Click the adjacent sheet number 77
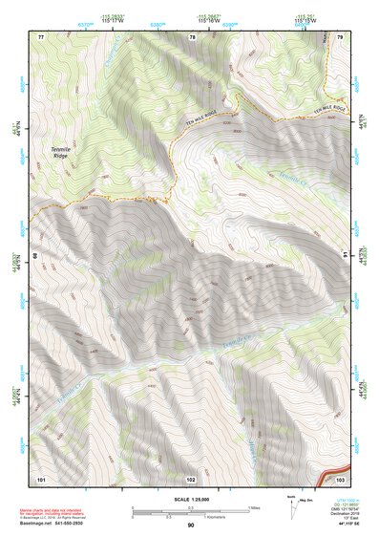[41, 35]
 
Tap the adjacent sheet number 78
[192, 36]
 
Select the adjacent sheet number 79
[340, 35]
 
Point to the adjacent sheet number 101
[41, 478]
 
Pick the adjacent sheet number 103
[341, 478]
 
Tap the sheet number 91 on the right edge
[347, 255]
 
